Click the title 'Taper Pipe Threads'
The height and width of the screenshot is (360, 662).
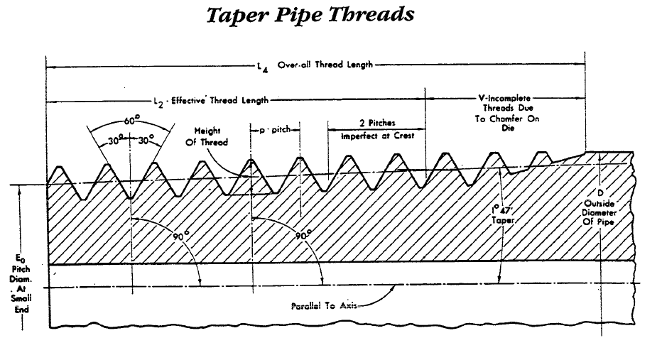click(310, 16)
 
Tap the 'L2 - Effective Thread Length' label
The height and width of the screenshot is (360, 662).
click(211, 99)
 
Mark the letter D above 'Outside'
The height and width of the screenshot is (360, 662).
click(601, 193)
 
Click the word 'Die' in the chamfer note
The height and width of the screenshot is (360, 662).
click(506, 129)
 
